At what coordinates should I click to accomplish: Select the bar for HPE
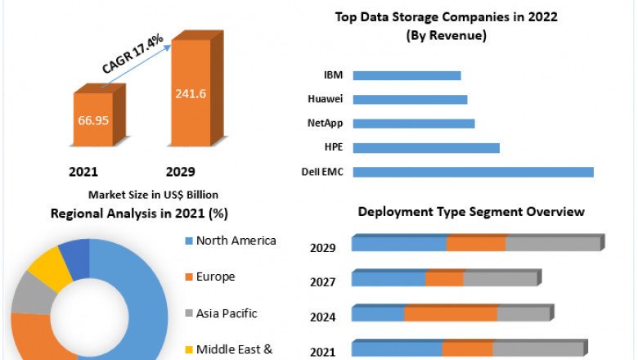[x=425, y=148]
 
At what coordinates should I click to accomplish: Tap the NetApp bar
[x=413, y=124]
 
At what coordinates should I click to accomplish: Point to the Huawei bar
[x=409, y=100]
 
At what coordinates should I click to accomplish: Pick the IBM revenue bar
[x=407, y=75]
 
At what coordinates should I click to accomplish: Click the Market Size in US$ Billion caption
[x=153, y=195]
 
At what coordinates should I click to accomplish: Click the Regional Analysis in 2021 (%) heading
[x=139, y=214]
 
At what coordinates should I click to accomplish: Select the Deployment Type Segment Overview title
[x=471, y=212]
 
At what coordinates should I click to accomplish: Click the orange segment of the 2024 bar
[x=451, y=314]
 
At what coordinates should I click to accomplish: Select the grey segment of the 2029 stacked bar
[x=553, y=244]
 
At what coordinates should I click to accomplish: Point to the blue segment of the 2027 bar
[x=389, y=279]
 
